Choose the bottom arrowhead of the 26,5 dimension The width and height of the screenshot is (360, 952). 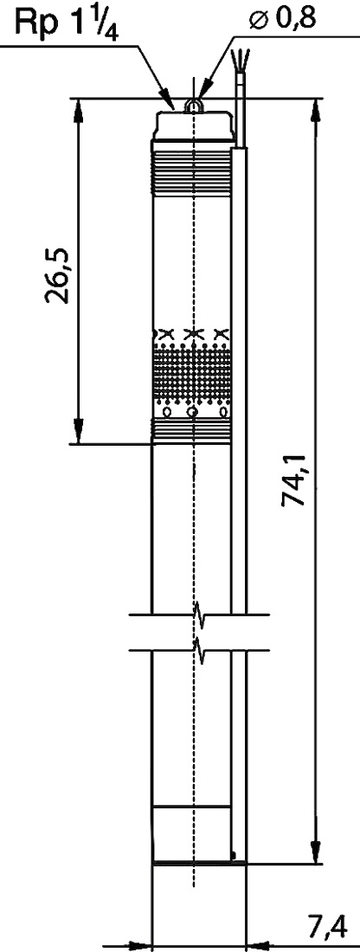(x=78, y=431)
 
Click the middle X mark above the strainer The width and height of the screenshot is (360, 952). (x=192, y=333)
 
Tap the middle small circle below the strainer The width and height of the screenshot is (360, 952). (x=192, y=413)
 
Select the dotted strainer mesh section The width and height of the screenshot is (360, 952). (x=192, y=374)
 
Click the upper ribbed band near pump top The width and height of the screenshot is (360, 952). (x=192, y=173)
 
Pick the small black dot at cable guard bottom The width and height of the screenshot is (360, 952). (x=234, y=855)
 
